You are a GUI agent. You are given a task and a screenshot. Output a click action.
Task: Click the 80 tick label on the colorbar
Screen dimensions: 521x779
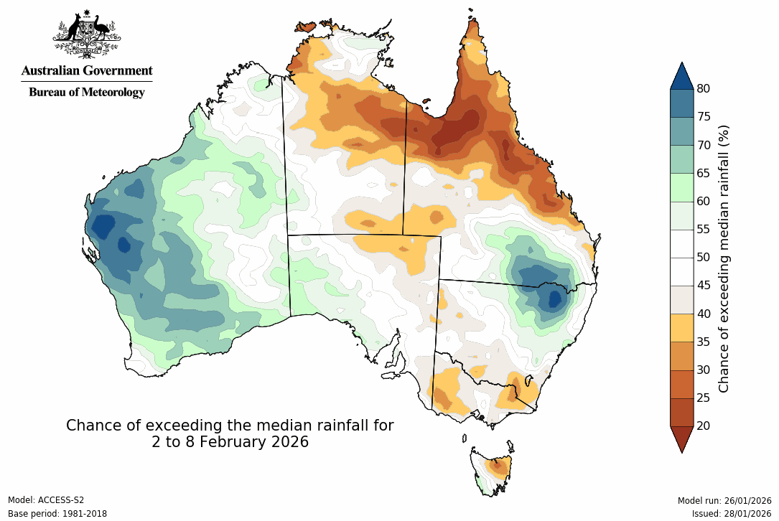click(704, 89)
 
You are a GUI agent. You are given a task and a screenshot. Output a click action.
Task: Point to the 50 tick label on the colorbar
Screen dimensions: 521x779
click(704, 257)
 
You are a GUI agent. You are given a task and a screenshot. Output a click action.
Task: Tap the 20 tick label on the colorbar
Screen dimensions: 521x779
click(704, 426)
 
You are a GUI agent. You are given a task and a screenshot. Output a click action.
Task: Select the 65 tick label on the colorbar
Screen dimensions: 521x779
click(704, 173)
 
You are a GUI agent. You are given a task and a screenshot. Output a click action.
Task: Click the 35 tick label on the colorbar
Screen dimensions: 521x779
click(704, 342)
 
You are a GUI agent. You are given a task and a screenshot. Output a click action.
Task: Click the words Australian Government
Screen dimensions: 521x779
click(87, 70)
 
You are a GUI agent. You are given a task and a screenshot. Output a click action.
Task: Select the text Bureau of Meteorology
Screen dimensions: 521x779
click(87, 92)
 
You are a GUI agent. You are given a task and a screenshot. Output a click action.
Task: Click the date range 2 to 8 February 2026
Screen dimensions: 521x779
click(230, 442)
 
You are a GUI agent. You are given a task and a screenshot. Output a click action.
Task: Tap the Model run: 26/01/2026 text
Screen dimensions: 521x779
click(724, 500)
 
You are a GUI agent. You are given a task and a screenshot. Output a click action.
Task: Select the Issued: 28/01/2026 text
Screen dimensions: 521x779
click(731, 514)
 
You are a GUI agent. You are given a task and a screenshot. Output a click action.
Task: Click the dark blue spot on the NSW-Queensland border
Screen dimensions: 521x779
click(554, 296)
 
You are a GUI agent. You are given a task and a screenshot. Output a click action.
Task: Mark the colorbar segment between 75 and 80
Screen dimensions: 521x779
click(682, 103)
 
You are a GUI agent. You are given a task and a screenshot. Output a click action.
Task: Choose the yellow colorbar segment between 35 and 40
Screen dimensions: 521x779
click(682, 327)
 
